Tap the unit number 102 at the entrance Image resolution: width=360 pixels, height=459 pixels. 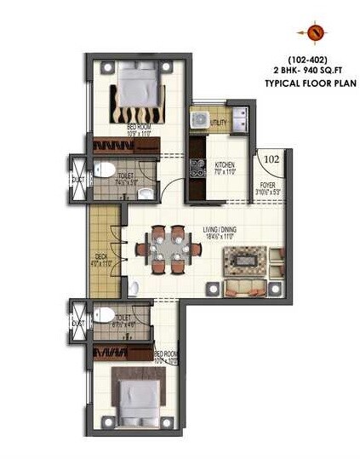tap(271, 158)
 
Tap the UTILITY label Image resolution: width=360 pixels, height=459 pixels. tap(217, 122)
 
